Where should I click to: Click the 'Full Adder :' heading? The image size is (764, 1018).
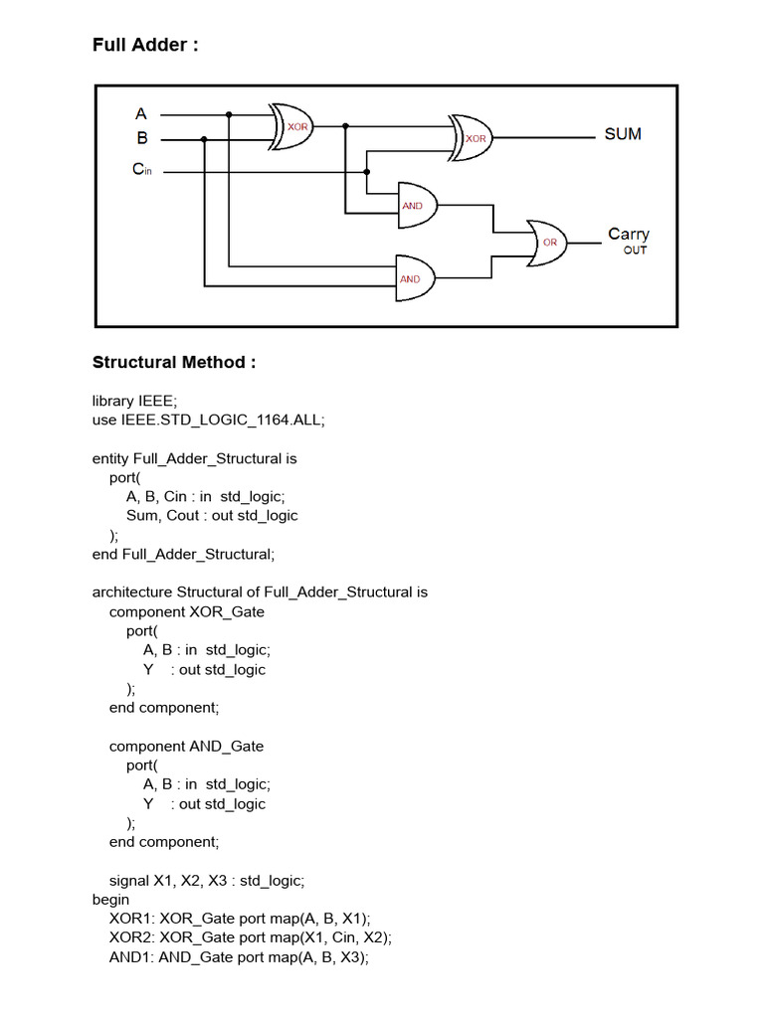[x=145, y=45]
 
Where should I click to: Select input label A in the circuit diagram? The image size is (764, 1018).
[x=141, y=114]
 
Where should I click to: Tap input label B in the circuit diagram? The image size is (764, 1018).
[x=141, y=138]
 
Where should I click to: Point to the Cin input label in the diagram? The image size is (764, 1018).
[x=142, y=170]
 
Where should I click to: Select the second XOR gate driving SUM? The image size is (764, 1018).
[x=472, y=138]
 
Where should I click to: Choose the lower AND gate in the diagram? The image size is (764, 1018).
[x=414, y=279]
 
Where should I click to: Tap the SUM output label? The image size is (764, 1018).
[x=623, y=134]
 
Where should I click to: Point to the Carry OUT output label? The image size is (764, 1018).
[x=629, y=240]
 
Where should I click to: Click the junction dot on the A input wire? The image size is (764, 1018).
[x=229, y=114]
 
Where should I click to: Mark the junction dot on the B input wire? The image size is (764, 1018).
[x=204, y=139]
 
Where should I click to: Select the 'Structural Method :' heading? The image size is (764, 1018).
[x=174, y=362]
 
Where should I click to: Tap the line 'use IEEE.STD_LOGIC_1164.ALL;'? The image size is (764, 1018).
[x=209, y=420]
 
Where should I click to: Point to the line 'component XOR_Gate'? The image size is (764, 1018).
[x=187, y=611]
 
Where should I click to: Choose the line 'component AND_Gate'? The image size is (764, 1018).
[x=187, y=746]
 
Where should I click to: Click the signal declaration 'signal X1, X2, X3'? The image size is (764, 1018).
[x=207, y=880]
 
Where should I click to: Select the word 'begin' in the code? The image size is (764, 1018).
[x=110, y=899]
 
